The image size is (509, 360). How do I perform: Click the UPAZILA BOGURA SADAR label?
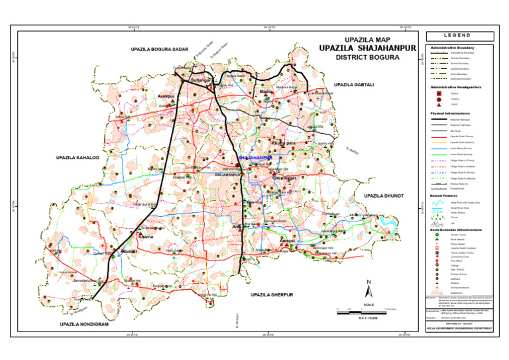pyautogui.click(x=160, y=50)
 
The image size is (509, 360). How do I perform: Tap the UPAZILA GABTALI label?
pyautogui.click(x=355, y=85)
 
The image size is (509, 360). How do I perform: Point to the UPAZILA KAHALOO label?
pyautogui.click(x=78, y=158)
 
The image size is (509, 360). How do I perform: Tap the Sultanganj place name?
pyautogui.click(x=202, y=80)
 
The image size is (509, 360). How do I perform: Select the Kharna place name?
pyautogui.click(x=145, y=236)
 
